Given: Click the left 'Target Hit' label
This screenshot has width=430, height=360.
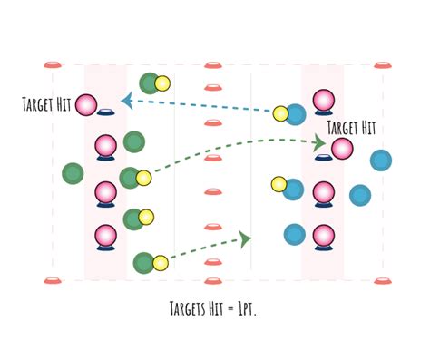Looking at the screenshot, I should tap(45, 104).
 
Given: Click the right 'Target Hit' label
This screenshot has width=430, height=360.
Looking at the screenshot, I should tap(350, 128).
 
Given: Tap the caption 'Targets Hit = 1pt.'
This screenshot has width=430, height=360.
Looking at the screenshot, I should tap(215, 308).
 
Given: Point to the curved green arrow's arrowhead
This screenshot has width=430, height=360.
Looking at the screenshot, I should tap(319, 142).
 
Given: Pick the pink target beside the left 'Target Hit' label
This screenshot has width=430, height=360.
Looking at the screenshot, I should tap(86, 105).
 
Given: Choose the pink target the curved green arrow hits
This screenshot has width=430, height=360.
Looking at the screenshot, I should tap(342, 149).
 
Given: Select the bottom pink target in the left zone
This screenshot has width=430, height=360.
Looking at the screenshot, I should tap(105, 236).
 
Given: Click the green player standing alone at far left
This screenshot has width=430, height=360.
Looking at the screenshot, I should tap(73, 172).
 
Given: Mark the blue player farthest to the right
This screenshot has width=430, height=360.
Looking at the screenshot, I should tap(381, 161).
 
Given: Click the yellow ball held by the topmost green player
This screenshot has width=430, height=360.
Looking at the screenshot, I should tap(162, 83).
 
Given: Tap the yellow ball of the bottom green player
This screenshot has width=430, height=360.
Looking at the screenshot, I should tap(161, 263).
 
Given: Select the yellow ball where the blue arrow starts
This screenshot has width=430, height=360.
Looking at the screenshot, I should tap(280, 113).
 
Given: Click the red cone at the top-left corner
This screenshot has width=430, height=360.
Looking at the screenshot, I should tap(52, 65).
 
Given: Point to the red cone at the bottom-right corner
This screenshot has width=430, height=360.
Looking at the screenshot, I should tap(381, 280).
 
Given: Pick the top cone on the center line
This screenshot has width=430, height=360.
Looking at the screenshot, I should tap(213, 65).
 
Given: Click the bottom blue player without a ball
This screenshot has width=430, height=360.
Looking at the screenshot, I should tap(294, 235).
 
